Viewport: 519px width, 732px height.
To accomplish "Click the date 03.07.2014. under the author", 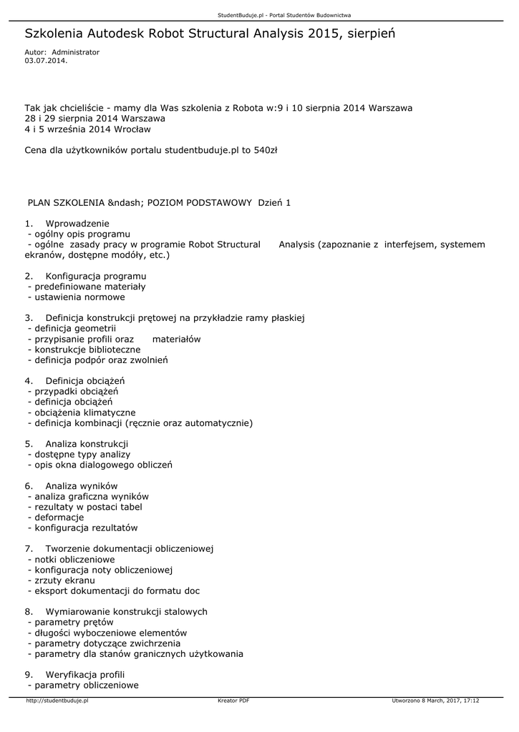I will tap(46, 61).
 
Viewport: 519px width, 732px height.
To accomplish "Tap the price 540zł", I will tap(266, 151).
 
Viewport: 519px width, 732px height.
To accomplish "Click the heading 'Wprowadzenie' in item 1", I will tap(77, 224).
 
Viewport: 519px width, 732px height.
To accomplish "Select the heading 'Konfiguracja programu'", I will tap(96, 276).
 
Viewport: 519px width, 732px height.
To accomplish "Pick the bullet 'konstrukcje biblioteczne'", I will tap(88, 350).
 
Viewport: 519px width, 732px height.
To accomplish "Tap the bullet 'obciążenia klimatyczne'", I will tap(85, 412).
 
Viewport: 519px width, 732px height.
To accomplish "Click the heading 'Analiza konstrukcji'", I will tap(87, 444).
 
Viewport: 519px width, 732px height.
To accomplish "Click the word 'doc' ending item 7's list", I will tap(191, 591).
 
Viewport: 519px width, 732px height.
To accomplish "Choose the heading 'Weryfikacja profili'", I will tap(85, 674).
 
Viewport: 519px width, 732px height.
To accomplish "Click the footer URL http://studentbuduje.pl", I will tap(57, 701).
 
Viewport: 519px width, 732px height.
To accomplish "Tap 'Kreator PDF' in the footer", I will tap(233, 701).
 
